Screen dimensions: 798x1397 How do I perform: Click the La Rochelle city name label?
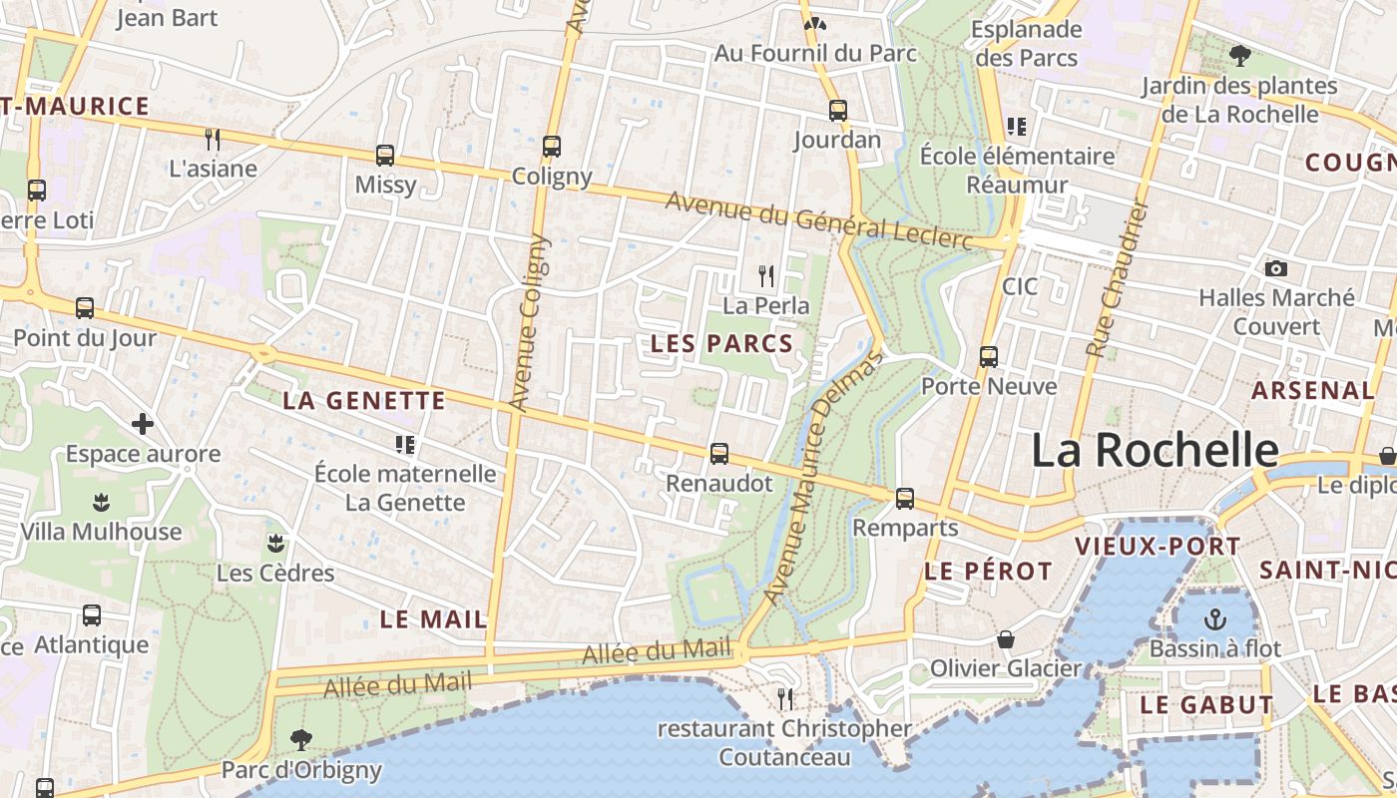(1154, 450)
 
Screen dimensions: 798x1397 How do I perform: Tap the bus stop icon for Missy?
(385, 156)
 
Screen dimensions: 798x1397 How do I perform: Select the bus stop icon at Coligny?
(552, 147)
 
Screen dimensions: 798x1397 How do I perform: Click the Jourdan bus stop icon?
(838, 111)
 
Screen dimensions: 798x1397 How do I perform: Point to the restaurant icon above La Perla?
(766, 275)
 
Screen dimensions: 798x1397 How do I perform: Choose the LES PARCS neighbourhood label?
(721, 344)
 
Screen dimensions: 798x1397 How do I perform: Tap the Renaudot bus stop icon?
(718, 454)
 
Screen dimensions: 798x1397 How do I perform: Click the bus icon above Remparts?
(905, 498)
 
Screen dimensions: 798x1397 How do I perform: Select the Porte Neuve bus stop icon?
(989, 356)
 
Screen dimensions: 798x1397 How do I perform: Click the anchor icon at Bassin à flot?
(1215, 618)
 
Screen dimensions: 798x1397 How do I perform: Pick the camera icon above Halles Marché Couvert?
(1275, 268)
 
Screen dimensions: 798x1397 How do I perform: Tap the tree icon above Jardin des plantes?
(1240, 56)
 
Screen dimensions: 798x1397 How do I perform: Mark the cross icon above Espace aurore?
(143, 424)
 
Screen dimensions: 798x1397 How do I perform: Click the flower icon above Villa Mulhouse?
(101, 502)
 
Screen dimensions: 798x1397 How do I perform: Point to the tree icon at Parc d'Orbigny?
(300, 739)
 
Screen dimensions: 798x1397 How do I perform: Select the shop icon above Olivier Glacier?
(1006, 638)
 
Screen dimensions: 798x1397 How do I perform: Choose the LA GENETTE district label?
(363, 401)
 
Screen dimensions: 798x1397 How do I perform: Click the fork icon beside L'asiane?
(212, 139)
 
